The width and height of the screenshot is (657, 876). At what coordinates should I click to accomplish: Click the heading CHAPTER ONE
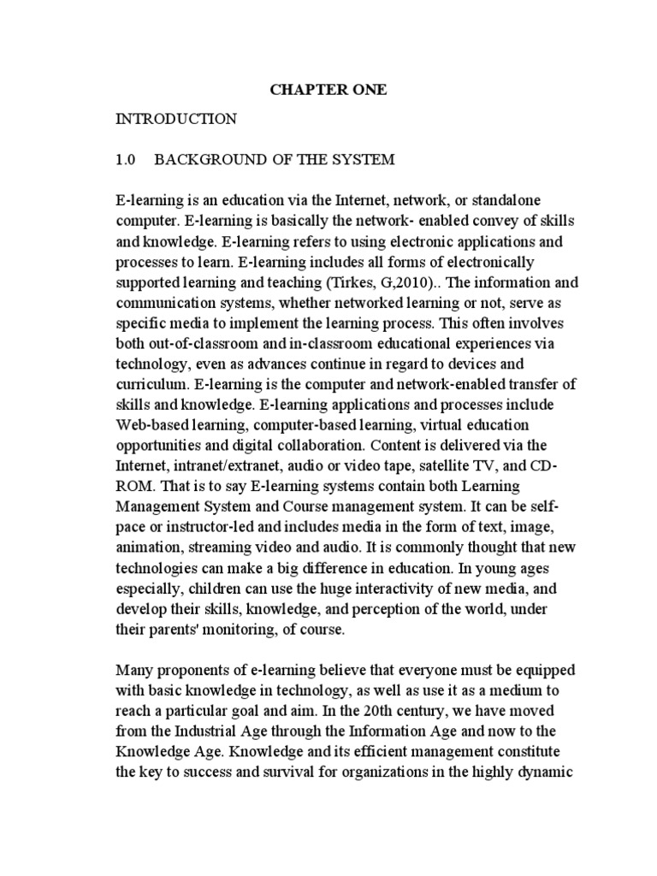(x=328, y=90)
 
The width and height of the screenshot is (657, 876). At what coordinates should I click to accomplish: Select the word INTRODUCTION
(x=176, y=119)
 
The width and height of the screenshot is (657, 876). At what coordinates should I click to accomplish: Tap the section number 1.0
(x=127, y=160)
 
